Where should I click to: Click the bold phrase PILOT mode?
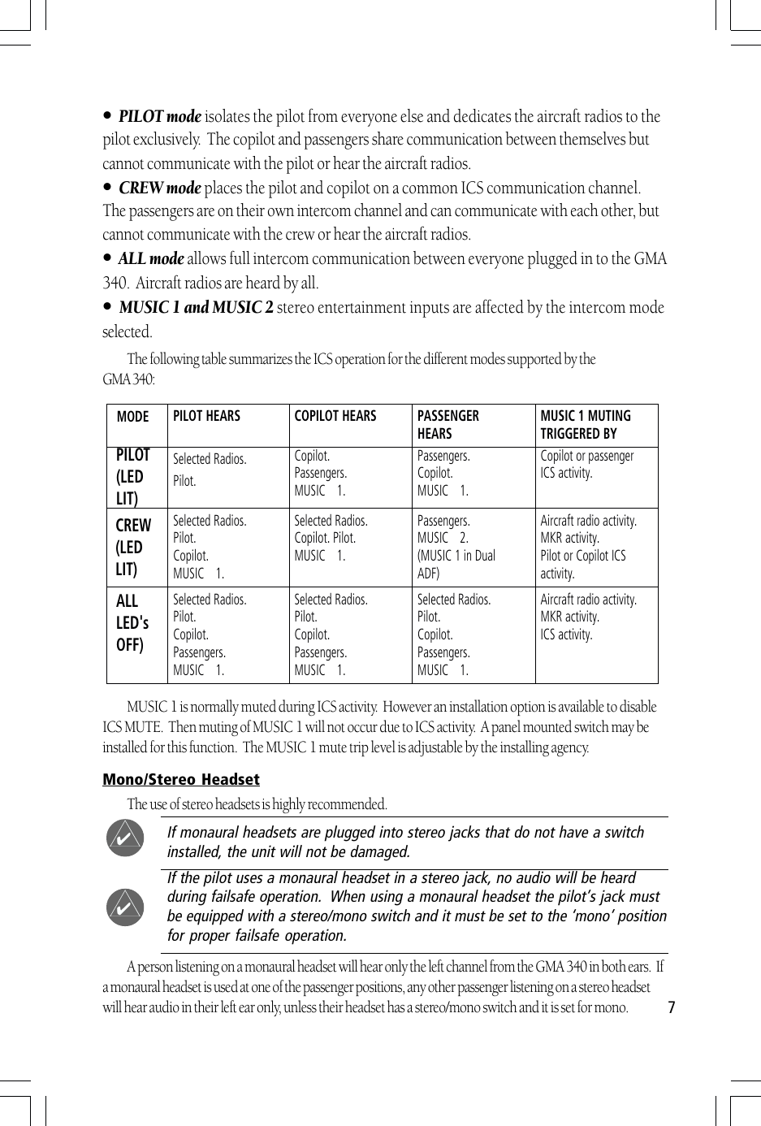(159, 117)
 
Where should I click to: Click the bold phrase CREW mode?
(159, 188)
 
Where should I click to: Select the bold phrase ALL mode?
(151, 259)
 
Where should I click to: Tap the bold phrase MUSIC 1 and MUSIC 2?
(196, 308)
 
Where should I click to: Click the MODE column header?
(132, 417)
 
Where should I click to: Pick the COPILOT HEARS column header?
(335, 416)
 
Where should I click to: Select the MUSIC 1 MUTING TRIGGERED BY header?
(586, 424)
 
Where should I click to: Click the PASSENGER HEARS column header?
(448, 424)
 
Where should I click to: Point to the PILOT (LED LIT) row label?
(133, 477)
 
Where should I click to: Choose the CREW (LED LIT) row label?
(133, 547)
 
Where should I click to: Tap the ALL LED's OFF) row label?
(132, 623)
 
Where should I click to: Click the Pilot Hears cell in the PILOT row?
(209, 470)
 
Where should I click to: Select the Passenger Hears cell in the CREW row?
(456, 547)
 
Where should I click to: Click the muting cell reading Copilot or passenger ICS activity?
(586, 465)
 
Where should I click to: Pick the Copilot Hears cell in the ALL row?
(331, 634)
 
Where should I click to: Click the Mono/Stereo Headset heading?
(181, 780)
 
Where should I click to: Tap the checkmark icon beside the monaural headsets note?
(125, 838)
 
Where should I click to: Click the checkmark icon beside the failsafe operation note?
(125, 907)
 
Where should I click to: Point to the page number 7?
(671, 1008)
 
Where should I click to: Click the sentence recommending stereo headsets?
(257, 804)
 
